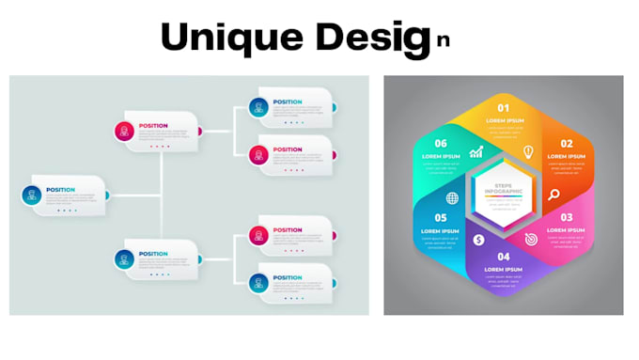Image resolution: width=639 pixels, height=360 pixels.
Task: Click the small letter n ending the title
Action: pos(442,42)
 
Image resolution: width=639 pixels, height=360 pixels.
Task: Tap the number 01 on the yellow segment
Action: pos(504,108)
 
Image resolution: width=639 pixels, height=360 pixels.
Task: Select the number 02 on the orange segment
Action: pos(568,144)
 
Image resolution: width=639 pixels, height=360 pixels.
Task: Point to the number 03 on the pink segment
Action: pos(568,217)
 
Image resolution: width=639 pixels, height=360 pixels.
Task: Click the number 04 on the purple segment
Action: pos(504,257)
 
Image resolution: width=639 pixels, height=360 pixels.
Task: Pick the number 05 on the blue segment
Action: pos(440,217)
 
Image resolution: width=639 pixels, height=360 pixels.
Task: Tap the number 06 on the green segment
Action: pos(440,144)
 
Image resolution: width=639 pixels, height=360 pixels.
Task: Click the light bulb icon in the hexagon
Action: pos(528,151)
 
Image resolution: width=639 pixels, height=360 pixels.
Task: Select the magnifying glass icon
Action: pos(554,196)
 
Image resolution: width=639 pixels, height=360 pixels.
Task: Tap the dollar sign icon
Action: pos(478,240)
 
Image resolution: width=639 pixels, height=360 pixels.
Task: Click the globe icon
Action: pos(453,197)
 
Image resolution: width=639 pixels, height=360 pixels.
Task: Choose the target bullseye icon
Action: pos(530,240)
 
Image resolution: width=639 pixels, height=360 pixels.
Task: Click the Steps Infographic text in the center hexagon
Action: pos(504,191)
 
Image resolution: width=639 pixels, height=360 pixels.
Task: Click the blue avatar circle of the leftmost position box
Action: pos(34,196)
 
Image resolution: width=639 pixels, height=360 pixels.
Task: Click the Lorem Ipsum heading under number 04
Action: pos(504,270)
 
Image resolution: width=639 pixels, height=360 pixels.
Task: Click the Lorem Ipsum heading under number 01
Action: pos(504,121)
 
